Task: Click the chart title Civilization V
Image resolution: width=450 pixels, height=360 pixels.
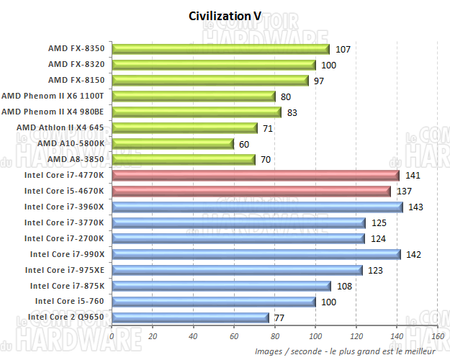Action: coord(225,15)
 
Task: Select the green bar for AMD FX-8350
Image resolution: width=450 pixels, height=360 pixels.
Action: coord(220,49)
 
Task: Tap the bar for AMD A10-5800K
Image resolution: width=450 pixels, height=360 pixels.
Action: coord(173,143)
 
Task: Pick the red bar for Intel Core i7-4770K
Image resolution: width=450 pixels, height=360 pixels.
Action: coord(255,175)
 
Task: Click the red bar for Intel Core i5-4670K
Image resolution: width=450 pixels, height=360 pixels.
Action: coord(251,191)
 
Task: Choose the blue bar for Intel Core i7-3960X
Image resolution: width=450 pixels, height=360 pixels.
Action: coord(257,207)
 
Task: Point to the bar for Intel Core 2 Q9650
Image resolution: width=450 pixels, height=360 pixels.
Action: coord(190,317)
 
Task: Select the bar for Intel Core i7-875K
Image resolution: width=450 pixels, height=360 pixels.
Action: coord(221,286)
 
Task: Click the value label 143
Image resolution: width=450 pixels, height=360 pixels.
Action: coord(415,207)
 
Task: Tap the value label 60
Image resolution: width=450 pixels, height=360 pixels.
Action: coord(244,143)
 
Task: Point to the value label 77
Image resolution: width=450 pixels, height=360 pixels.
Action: coord(279,317)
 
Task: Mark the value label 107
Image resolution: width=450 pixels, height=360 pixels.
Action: coord(343,49)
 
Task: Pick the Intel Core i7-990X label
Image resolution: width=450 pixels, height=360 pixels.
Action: coord(67,254)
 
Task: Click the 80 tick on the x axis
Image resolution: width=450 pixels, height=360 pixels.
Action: coord(274,336)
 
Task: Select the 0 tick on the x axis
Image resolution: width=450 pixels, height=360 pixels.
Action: coord(112,336)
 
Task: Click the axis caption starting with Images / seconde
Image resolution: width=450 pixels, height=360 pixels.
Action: coord(345,351)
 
